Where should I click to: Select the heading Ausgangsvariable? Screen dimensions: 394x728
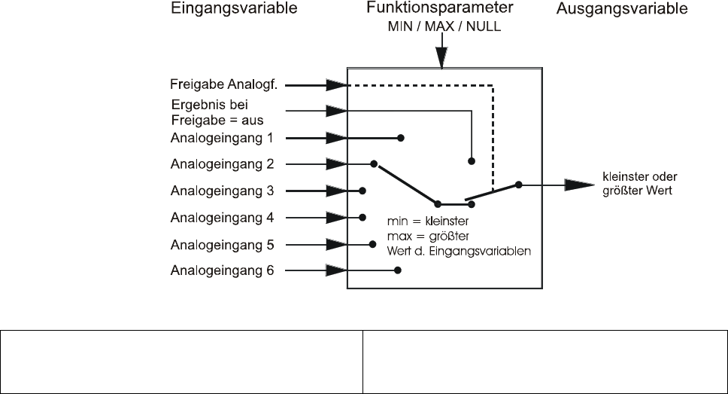click(622, 10)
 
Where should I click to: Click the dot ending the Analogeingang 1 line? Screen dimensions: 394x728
click(401, 139)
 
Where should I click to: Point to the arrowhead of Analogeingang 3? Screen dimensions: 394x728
click(335, 191)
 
